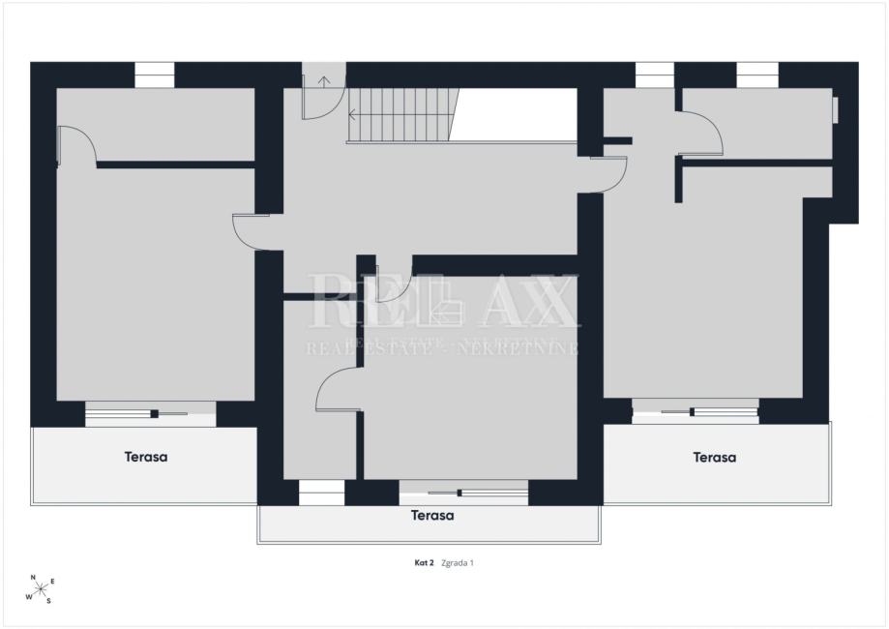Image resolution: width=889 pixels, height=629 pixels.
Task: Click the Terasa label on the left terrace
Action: point(146,457)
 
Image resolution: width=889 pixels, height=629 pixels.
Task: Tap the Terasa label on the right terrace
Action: point(714,457)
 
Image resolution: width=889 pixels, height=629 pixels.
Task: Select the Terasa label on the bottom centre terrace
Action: point(432,516)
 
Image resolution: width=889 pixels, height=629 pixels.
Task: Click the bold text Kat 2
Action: point(424,562)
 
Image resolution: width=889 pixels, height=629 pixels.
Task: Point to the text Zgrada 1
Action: point(457,562)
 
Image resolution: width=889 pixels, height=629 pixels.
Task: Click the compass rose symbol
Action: point(41,590)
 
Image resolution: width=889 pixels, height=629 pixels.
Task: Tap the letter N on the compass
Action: point(33,578)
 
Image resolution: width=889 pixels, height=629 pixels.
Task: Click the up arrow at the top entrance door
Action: point(324,81)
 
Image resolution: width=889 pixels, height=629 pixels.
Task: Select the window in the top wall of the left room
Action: point(154,75)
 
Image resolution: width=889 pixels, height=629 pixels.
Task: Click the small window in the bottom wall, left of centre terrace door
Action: point(321,493)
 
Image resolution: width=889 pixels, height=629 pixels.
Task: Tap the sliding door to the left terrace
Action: point(150,414)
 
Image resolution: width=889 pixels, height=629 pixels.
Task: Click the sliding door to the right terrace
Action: point(696,411)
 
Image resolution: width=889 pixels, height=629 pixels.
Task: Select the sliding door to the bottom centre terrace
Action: point(463,493)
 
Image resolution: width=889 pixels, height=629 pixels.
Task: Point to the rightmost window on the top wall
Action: point(757,75)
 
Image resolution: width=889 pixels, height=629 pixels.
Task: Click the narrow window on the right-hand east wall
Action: point(835,109)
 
